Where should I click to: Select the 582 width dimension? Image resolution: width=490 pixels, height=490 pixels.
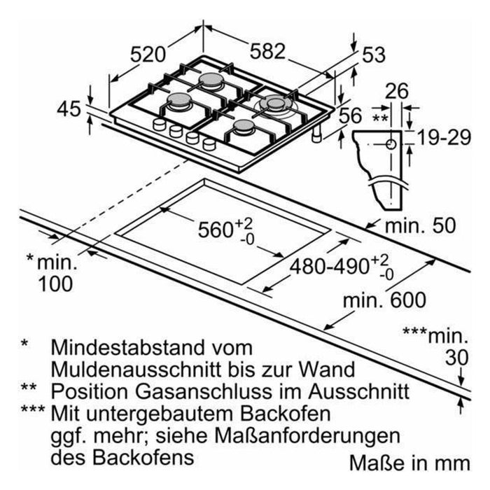267,51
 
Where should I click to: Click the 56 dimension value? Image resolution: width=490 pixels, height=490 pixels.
353,116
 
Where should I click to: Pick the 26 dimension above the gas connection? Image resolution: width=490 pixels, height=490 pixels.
397,91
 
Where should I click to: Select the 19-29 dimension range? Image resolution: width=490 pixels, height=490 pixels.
440,138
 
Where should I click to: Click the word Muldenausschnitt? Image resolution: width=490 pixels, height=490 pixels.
130,368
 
